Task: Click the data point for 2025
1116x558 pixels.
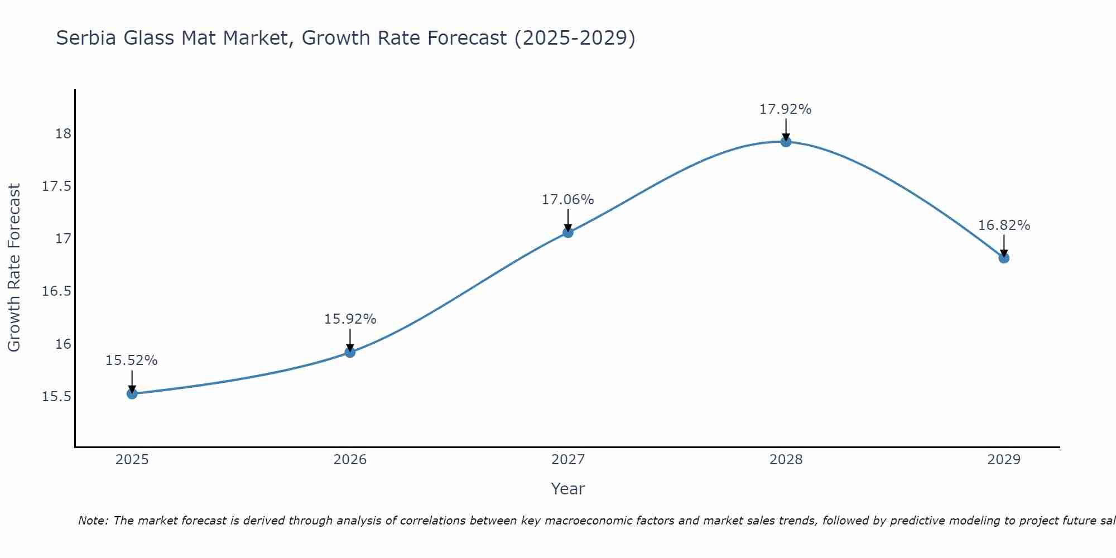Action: (132, 394)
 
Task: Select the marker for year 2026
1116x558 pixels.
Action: (350, 352)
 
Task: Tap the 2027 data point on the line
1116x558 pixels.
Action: (568, 232)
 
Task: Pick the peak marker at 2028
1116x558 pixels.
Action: (786, 142)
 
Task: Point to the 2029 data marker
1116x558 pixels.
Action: (1004, 258)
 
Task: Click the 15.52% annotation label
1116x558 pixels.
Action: (132, 360)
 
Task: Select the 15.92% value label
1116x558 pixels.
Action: (350, 319)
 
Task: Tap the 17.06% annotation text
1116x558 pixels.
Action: (567, 200)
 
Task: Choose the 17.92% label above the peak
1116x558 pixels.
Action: (785, 109)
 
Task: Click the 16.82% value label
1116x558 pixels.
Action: (1004, 225)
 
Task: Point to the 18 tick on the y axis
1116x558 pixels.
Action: (63, 134)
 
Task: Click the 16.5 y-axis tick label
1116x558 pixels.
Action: (57, 291)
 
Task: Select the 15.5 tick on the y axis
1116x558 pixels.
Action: (57, 397)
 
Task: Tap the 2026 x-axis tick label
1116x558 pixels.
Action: (350, 460)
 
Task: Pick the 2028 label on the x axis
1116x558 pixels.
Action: (786, 460)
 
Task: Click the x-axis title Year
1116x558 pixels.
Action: (567, 489)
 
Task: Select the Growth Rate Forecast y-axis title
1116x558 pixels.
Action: (14, 268)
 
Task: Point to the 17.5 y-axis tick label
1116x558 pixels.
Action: (57, 186)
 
